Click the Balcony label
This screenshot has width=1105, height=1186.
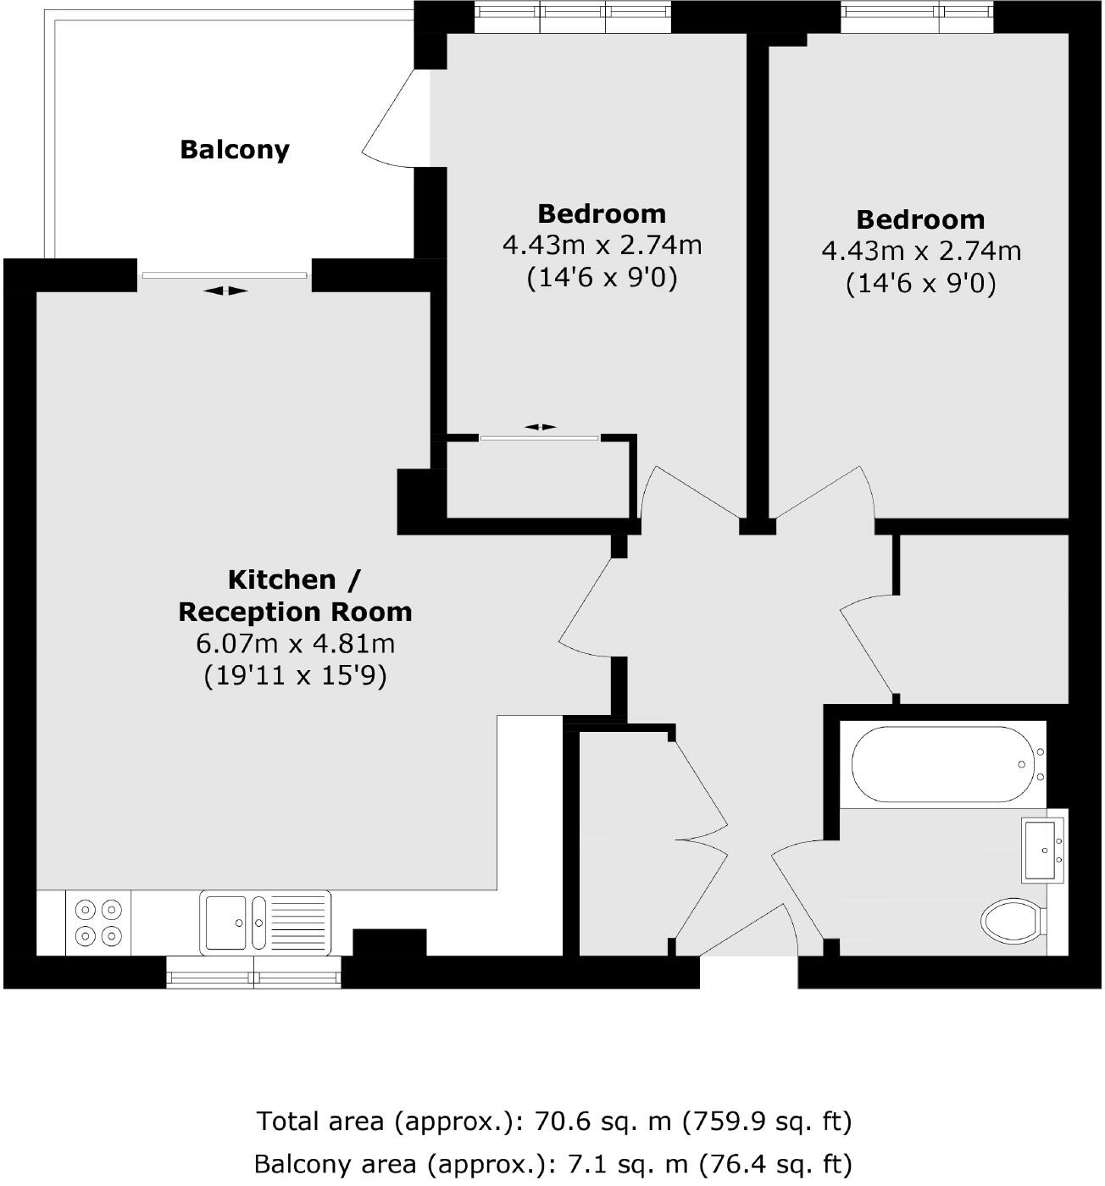coord(235,150)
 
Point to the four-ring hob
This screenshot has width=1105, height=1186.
coord(97,923)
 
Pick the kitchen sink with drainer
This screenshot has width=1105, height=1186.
coord(265,923)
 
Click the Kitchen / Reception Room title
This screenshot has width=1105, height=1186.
coord(295,596)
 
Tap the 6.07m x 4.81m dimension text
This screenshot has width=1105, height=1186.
coord(295,644)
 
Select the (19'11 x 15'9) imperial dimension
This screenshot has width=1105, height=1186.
coord(295,676)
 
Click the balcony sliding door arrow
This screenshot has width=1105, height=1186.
coord(226,291)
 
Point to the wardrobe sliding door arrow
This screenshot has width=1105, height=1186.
coord(540,427)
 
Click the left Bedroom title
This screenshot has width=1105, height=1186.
coord(602,213)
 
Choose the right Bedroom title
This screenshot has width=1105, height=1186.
coord(920,219)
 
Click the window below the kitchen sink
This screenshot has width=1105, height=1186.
coord(254,973)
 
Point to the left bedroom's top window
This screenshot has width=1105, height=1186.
coord(573,15)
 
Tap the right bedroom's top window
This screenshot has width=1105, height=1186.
coord(918,15)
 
